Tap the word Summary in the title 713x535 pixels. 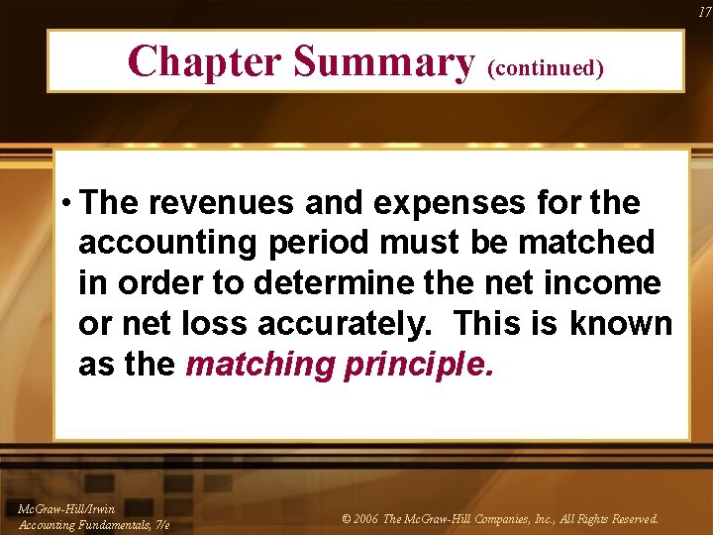[x=383, y=61]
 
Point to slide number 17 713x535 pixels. [x=704, y=11]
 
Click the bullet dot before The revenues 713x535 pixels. [x=64, y=204]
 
